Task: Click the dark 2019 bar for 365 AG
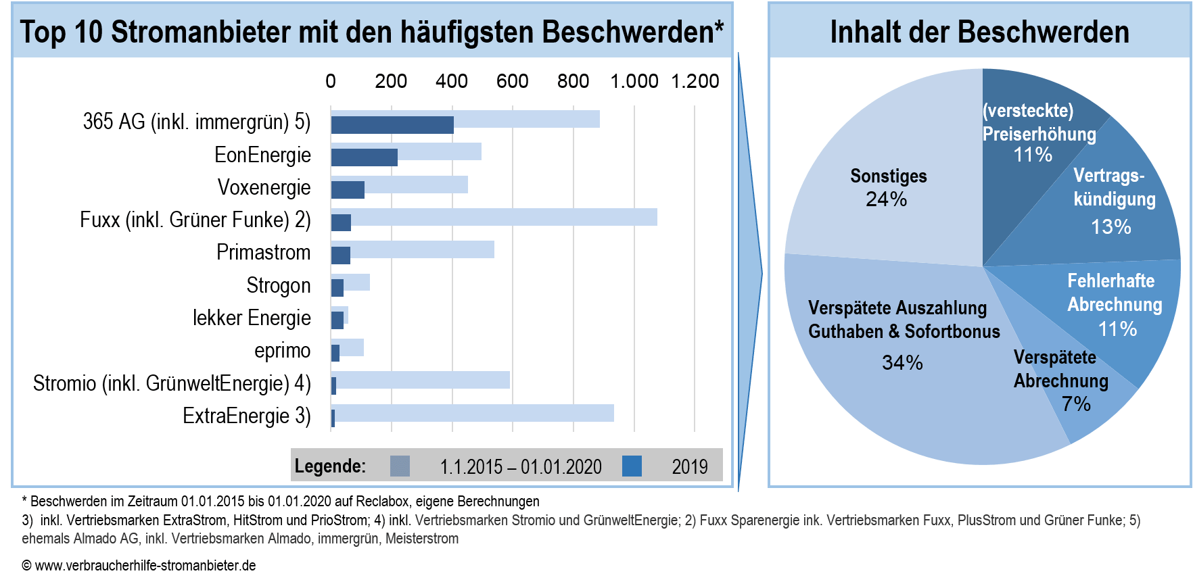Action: coord(392,125)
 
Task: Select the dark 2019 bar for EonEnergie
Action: coord(364,157)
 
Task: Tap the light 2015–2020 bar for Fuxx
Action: coord(504,217)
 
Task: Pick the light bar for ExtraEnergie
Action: coord(473,413)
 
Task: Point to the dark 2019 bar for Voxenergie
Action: coord(348,190)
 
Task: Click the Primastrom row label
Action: coord(264,253)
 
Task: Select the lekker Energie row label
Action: coord(252,318)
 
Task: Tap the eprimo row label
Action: coord(283,351)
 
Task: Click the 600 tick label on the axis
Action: coord(512,82)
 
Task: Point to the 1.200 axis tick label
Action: coord(695,82)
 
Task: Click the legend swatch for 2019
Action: coord(632,466)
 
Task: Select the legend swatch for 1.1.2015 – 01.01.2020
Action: coord(400,466)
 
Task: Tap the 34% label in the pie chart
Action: coord(902,363)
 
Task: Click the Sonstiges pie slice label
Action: coord(888,176)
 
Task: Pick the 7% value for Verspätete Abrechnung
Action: coord(1075,404)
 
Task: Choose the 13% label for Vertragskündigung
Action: coord(1110,227)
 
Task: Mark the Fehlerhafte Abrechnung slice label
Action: coord(1114,293)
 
